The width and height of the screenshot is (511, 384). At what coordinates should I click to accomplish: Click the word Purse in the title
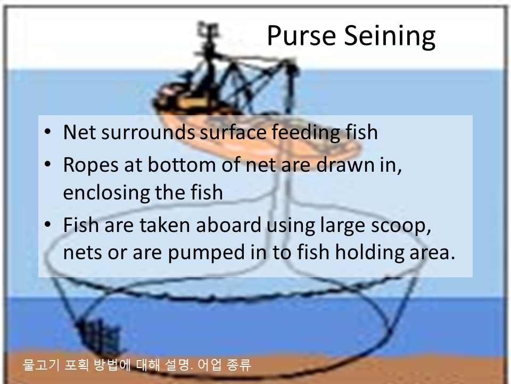301,36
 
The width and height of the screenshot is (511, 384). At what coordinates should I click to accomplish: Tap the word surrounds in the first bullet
149,132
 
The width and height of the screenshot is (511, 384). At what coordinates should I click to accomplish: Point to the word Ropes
91,165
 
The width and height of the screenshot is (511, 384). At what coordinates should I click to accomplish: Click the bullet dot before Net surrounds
47,132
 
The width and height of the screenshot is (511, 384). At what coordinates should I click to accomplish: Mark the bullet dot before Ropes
47,164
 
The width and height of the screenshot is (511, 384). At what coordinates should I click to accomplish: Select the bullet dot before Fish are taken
47,225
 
